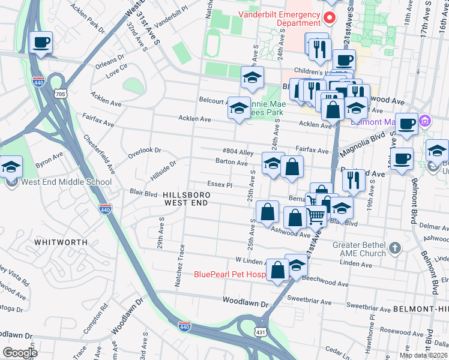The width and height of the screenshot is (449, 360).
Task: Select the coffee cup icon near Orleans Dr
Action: click(x=41, y=43)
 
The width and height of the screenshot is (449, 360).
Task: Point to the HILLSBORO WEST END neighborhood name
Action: click(x=185, y=199)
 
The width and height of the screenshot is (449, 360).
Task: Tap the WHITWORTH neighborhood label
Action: click(x=61, y=242)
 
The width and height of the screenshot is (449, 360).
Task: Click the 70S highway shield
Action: click(x=59, y=94)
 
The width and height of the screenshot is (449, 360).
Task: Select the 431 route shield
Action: click(x=260, y=331)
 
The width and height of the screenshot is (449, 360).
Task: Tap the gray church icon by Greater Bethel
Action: click(x=394, y=247)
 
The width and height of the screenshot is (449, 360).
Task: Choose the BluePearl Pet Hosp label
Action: click(x=229, y=275)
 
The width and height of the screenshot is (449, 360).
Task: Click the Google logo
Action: click(x=20, y=353)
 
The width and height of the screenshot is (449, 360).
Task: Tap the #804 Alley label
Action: click(x=238, y=152)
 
